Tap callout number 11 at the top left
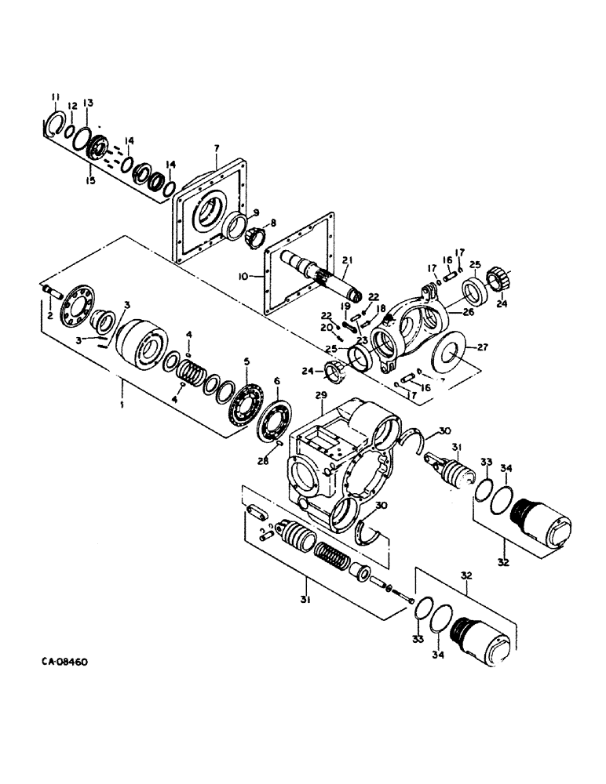(55, 96)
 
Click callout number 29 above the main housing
(320, 398)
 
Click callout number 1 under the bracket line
(122, 384)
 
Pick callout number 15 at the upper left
(91, 180)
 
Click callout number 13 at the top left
(89, 103)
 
